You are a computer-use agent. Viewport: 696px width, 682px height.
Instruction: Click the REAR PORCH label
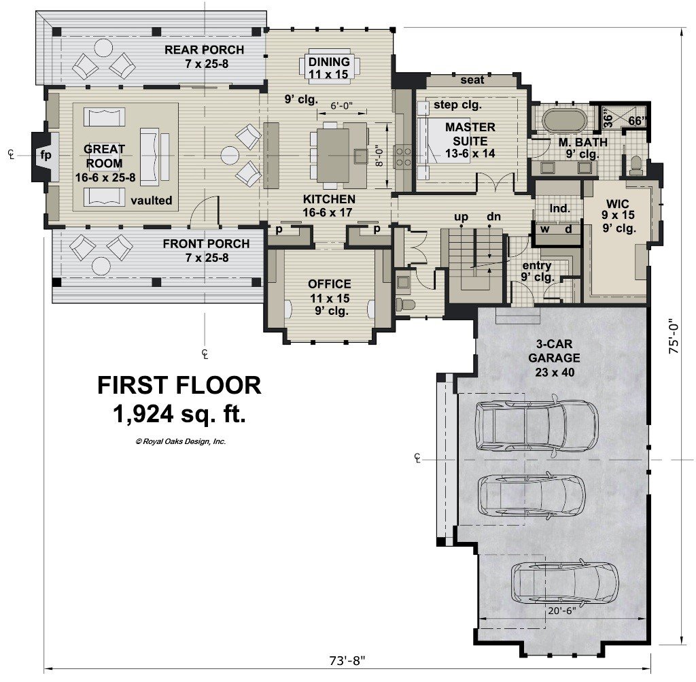(x=204, y=50)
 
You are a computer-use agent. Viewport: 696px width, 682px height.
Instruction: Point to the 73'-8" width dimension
(x=347, y=661)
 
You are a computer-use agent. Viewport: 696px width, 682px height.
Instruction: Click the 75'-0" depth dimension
(x=674, y=335)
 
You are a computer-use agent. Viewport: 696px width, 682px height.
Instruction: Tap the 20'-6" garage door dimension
(x=561, y=611)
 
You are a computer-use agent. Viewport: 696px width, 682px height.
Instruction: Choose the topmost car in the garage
(x=537, y=426)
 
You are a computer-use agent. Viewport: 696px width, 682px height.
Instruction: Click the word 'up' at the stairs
(x=462, y=217)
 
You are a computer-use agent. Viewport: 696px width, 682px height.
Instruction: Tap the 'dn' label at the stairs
(x=493, y=217)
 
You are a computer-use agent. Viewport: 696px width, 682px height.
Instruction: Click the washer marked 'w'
(x=544, y=229)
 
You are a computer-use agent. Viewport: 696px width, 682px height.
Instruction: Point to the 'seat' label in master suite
(x=472, y=80)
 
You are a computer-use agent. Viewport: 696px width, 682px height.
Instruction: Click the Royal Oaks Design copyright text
(x=181, y=441)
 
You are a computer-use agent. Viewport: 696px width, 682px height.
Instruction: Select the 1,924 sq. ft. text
(x=179, y=414)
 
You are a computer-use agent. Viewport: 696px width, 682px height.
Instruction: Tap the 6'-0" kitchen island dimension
(x=341, y=105)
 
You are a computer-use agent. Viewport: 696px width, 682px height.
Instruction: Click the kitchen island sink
(x=360, y=154)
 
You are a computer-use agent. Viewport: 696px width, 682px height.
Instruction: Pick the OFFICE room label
(x=330, y=284)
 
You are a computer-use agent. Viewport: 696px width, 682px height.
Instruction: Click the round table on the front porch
(x=102, y=267)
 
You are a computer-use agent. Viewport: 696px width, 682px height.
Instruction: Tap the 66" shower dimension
(x=637, y=120)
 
